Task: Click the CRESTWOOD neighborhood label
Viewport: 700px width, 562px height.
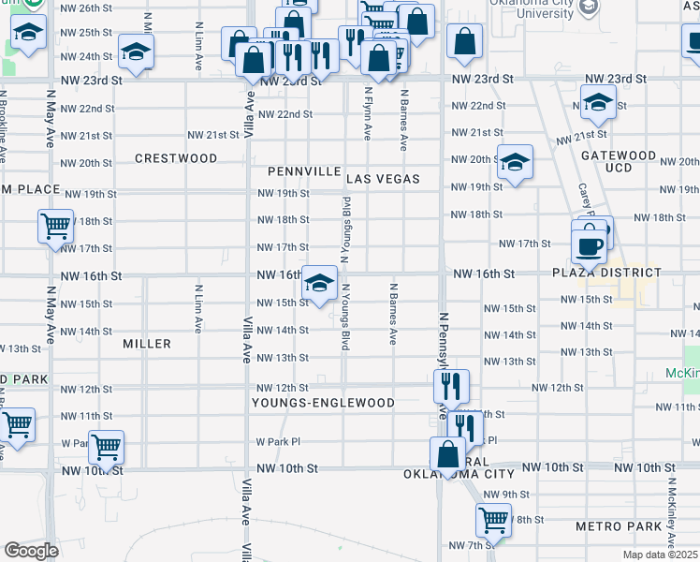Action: tap(176, 158)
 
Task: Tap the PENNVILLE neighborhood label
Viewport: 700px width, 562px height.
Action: tap(301, 172)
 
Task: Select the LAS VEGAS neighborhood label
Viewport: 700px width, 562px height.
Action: tap(382, 178)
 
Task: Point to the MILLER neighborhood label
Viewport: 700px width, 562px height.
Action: tap(147, 344)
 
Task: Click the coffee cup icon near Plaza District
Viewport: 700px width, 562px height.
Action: tap(589, 244)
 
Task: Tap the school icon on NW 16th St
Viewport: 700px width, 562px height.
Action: tap(320, 283)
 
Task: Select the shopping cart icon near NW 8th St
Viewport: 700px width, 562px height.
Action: tap(492, 519)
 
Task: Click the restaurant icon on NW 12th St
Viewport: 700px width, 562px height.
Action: tap(451, 384)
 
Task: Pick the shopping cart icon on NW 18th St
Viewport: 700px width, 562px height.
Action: tap(56, 225)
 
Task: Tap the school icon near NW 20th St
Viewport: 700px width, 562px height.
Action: tap(514, 162)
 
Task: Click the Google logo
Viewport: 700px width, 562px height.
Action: tap(30, 551)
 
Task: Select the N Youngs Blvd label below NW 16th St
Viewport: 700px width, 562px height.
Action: tap(346, 318)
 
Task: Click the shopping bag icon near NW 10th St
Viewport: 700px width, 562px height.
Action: tap(447, 454)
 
